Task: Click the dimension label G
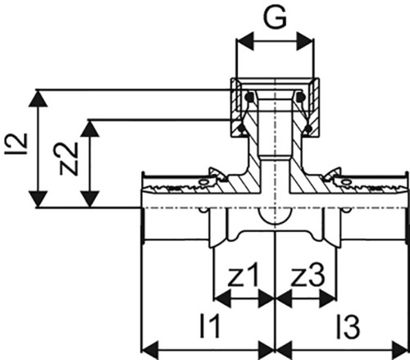pyautogui.click(x=275, y=17)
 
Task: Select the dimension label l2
pyautogui.click(x=16, y=144)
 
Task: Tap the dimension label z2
pyautogui.click(x=69, y=159)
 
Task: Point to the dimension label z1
pyautogui.click(x=243, y=276)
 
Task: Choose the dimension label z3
pyautogui.click(x=308, y=276)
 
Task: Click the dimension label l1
pyautogui.click(x=210, y=326)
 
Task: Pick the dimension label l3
pyautogui.click(x=348, y=326)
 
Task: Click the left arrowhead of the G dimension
pyautogui.click(x=245, y=41)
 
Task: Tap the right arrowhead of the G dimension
pyautogui.click(x=305, y=41)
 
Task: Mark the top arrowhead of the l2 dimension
pyautogui.click(x=39, y=98)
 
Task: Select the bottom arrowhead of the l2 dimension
pyautogui.click(x=39, y=199)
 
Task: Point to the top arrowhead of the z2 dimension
pyautogui.click(x=90, y=129)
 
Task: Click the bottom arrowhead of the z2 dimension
pyautogui.click(x=90, y=199)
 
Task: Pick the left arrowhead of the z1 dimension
pyautogui.click(x=222, y=298)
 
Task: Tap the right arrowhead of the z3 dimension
pyautogui.click(x=327, y=298)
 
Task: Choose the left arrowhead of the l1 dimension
pyautogui.click(x=150, y=349)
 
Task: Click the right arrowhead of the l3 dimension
pyautogui.click(x=399, y=349)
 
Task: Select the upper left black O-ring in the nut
pyautogui.click(x=249, y=97)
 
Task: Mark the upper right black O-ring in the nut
pyautogui.click(x=301, y=97)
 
